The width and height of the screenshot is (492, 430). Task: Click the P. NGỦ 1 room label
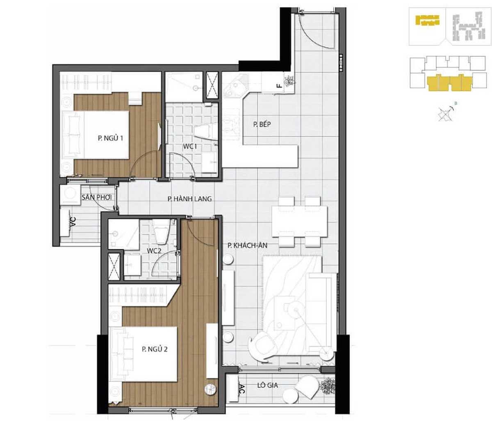pos(110,138)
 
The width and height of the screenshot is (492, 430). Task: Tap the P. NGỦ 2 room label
pos(155,349)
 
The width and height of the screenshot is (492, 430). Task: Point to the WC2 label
pos(154,251)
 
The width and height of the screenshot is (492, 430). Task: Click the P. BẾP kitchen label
pos(262,124)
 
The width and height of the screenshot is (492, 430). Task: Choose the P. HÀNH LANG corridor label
pos(190,199)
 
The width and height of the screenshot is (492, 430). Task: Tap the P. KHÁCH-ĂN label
pos(248,246)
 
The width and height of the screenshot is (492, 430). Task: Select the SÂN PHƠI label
pos(96,198)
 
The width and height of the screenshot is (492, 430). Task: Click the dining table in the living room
pos(300,222)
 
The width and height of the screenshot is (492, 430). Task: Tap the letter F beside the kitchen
pos(279,86)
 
